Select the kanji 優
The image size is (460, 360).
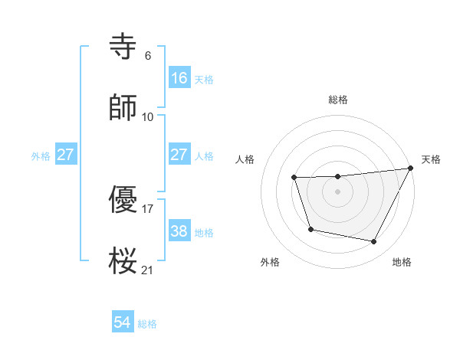123,201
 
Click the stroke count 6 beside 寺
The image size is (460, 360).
148,56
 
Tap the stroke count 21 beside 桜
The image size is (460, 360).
148,270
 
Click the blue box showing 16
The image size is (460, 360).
179,78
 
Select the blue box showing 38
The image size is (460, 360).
179,231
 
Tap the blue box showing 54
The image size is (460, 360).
123,322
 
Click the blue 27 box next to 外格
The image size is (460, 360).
65,155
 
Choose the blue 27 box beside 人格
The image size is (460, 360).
179,155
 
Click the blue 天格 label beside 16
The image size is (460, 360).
204,80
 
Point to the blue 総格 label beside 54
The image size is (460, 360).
147,324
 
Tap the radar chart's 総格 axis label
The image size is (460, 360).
338,100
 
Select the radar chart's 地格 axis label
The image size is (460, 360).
402,263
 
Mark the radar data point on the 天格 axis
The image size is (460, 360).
411,169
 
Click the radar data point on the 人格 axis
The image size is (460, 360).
294,178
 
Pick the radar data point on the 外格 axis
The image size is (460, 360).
310,229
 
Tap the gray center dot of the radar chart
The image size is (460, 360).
338,191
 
